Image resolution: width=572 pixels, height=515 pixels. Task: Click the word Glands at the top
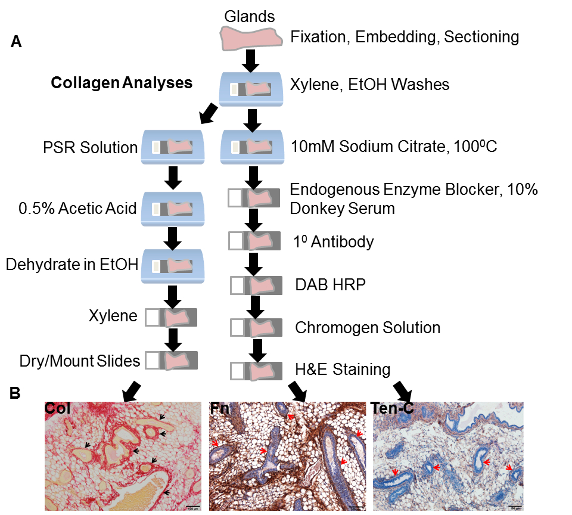[x=249, y=17]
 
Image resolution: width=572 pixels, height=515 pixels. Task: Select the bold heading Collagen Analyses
[x=122, y=83]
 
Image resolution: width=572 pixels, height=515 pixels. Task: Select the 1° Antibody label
[x=333, y=241]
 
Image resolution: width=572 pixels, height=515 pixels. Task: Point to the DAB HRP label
[x=330, y=284]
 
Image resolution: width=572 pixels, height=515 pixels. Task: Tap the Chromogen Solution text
[x=368, y=327]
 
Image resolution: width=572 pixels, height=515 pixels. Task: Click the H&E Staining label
[x=344, y=370]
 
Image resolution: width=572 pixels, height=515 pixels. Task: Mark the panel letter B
[x=16, y=393]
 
